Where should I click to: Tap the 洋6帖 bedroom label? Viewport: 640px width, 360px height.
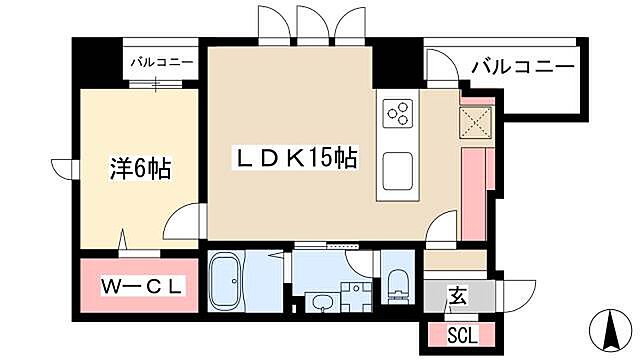point(139,169)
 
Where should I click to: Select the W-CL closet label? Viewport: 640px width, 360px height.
point(143,286)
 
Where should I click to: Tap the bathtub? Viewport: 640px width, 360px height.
point(232,279)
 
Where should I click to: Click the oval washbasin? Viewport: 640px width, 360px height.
point(323,302)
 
